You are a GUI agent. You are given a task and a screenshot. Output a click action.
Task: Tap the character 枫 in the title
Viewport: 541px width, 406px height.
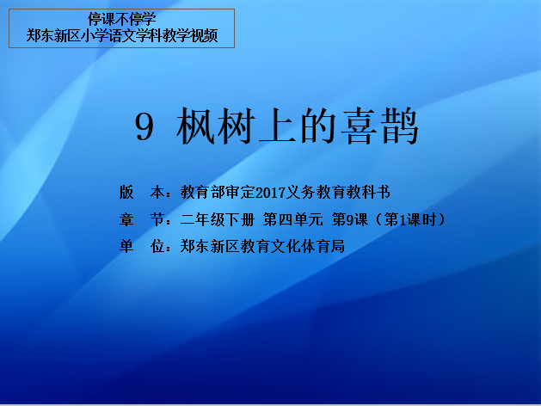pyautogui.click(x=196, y=126)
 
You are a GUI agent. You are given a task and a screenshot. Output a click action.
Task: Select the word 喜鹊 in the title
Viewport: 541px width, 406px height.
pyautogui.click(x=379, y=126)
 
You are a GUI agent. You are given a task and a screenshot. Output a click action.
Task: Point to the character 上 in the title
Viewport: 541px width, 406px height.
pyautogui.click(x=278, y=126)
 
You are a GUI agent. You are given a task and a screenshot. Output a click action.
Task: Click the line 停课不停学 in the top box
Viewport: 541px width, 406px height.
pyautogui.click(x=122, y=19)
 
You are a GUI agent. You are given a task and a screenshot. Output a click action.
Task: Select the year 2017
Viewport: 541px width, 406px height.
pyautogui.click(x=271, y=193)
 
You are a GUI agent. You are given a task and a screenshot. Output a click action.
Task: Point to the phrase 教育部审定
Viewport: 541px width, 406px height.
pyautogui.click(x=218, y=192)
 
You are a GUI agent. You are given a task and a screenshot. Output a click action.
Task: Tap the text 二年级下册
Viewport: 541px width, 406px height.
pyautogui.click(x=218, y=219)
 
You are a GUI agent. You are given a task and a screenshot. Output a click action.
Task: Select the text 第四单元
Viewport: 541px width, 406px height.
pyautogui.click(x=293, y=219)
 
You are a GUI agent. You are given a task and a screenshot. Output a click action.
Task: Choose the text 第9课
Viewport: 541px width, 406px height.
pyautogui.click(x=349, y=219)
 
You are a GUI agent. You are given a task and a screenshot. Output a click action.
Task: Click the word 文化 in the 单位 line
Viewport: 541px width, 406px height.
pyautogui.click(x=286, y=247)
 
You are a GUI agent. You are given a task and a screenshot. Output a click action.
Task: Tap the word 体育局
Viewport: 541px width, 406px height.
pyautogui.click(x=323, y=247)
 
